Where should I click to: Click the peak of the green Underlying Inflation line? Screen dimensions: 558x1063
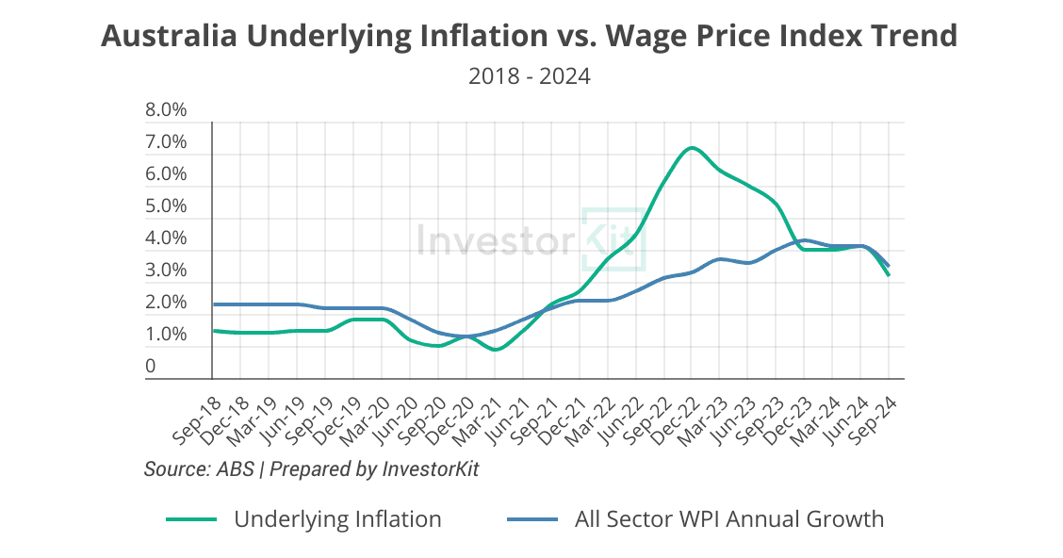pos(692,148)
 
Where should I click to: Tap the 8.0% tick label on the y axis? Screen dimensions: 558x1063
pos(166,110)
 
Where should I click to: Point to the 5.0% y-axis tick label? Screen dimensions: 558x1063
pos(166,206)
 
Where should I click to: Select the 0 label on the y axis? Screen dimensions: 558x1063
pos(150,366)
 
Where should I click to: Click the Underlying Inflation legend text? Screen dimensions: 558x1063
pos(337,518)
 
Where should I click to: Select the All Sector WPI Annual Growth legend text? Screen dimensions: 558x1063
pos(729,518)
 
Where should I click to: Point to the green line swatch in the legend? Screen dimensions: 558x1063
pos(191,519)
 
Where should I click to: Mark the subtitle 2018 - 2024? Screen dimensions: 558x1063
pos(530,76)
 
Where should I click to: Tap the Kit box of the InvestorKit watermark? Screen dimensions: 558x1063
pos(613,238)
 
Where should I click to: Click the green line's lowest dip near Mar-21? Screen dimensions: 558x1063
pos(496,350)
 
